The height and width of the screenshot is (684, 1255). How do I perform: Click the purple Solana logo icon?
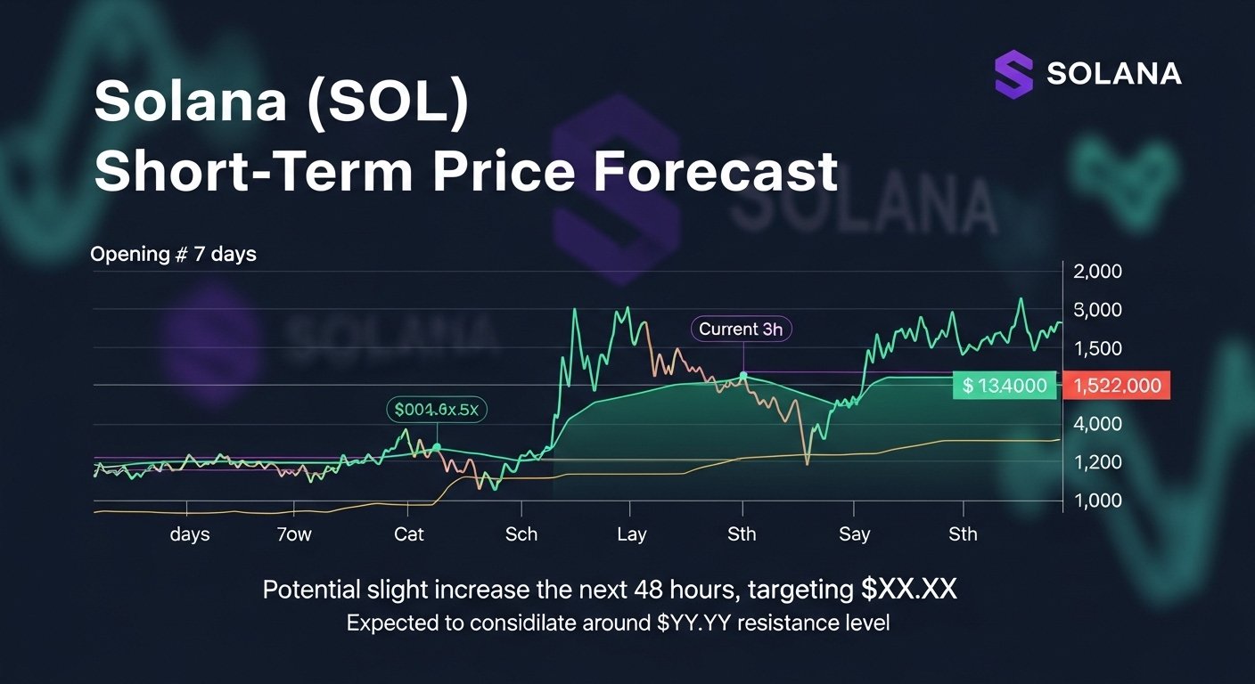coord(1013,74)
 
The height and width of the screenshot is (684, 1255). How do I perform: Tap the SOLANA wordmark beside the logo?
coord(1114,74)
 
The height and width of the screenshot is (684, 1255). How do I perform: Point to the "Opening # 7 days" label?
coord(173,255)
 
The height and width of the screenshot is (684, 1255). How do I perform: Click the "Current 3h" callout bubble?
coord(741,329)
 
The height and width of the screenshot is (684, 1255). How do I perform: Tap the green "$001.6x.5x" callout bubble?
coord(437,410)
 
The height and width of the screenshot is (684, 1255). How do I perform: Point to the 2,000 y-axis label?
coord(1101,273)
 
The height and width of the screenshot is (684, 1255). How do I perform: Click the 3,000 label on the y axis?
coord(1101,310)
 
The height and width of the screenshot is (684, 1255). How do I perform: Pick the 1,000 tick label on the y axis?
coord(1101,500)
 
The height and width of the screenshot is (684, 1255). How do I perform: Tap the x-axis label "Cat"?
coord(409,534)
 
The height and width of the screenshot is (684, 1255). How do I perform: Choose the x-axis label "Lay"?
coord(631,534)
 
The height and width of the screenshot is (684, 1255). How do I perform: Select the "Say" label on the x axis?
coord(854,534)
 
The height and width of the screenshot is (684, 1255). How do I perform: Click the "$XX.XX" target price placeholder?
coord(908,589)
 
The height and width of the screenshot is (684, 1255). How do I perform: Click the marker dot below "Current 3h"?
coord(743,376)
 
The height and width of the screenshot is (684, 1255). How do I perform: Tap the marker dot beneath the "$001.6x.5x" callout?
coord(437,446)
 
